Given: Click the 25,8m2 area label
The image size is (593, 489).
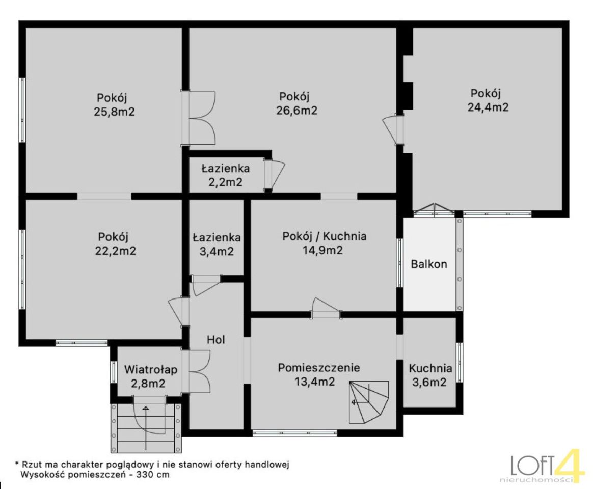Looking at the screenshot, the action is [x=114, y=112].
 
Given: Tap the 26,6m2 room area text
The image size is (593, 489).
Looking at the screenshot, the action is [x=296, y=111].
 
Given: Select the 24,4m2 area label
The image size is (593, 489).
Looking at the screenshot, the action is [x=488, y=107].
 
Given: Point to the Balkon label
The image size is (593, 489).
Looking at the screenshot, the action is [x=429, y=264].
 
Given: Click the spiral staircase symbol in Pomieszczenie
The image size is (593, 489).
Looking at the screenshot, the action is [x=369, y=402].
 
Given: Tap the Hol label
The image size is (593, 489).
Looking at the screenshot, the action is [x=216, y=340].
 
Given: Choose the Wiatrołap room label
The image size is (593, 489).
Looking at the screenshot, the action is [x=151, y=369].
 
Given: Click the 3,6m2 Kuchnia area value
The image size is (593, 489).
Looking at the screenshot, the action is [x=429, y=382].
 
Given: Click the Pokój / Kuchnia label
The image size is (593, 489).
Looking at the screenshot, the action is [x=325, y=236].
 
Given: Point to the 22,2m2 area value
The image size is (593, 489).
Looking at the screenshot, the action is [x=115, y=251].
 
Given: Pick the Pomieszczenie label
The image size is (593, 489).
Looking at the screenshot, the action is [x=319, y=368].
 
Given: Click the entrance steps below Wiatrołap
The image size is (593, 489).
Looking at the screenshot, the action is [x=146, y=428].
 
